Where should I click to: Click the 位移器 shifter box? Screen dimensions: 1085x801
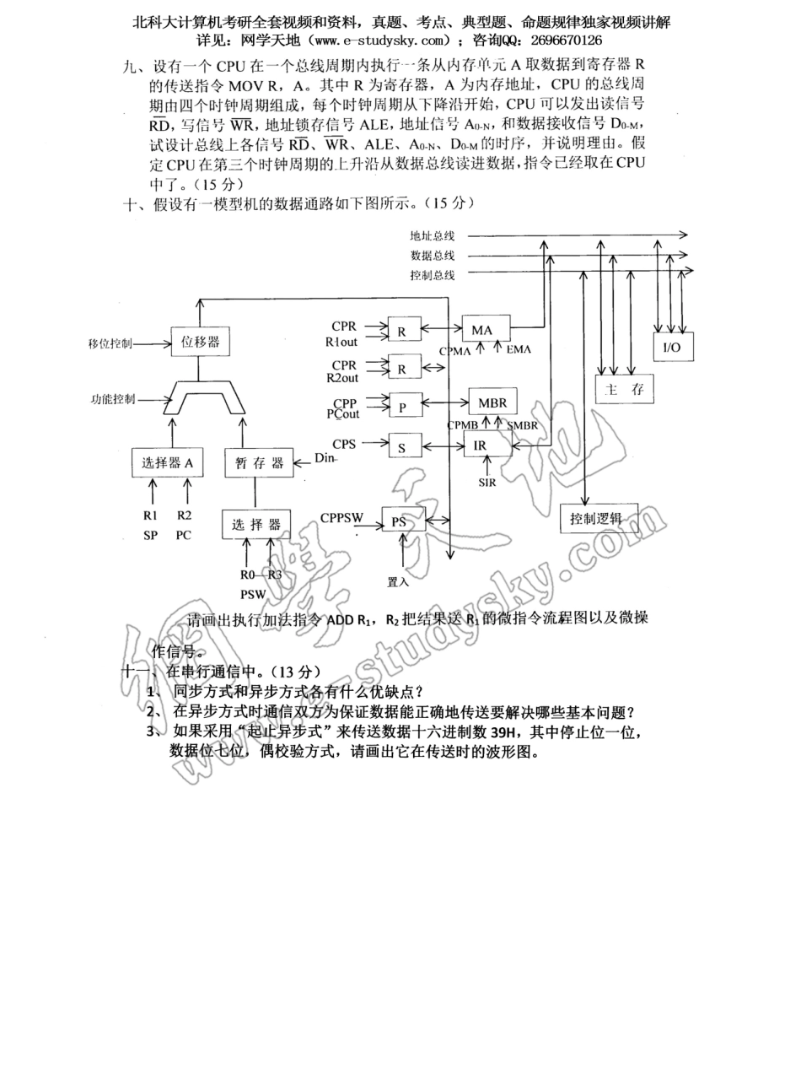coord(201,341)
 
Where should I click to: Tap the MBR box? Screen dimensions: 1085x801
coord(492,402)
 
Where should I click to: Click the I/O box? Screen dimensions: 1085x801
coord(673,347)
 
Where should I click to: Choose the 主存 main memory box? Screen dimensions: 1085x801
coord(625,389)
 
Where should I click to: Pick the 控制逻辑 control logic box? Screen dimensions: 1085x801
coord(599,519)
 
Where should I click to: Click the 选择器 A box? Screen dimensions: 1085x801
coord(168,462)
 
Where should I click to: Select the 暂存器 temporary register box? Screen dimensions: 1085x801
coord(259,462)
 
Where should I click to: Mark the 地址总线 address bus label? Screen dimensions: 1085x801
coord(433,235)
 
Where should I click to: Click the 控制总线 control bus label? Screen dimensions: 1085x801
coord(433,274)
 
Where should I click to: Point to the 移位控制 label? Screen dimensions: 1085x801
coord(110,343)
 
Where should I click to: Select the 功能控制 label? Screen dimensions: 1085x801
coord(113,399)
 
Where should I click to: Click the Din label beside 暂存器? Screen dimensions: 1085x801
coord(325,458)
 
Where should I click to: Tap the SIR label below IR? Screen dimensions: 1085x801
coord(487,483)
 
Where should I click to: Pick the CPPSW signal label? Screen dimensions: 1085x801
coord(341,517)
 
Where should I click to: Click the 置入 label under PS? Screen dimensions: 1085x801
coord(398,581)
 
